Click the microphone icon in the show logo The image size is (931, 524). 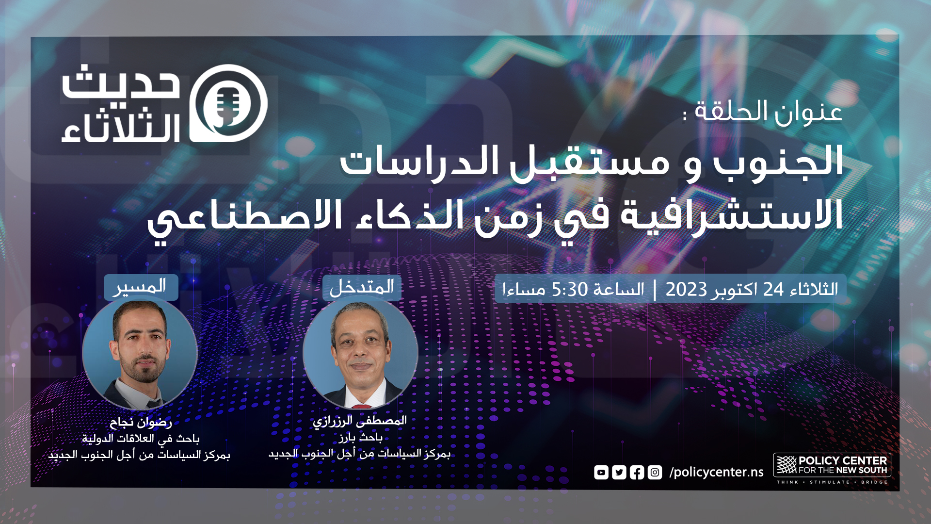(228, 103)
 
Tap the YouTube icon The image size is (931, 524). (601, 472)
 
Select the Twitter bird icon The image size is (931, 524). (619, 472)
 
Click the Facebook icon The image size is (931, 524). (637, 472)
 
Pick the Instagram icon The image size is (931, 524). (655, 472)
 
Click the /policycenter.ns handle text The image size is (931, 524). (716, 472)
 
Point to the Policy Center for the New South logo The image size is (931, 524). (832, 468)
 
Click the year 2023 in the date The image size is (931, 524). (686, 290)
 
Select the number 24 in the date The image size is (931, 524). (773, 290)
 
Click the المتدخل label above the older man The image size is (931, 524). (362, 287)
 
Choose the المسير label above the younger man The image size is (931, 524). (141, 286)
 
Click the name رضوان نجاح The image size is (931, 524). (141, 422)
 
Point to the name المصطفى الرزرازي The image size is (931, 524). (360, 421)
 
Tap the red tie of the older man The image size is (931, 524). (361, 406)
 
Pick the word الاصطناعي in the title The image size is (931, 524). (245, 217)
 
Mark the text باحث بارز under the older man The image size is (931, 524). (361, 438)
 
